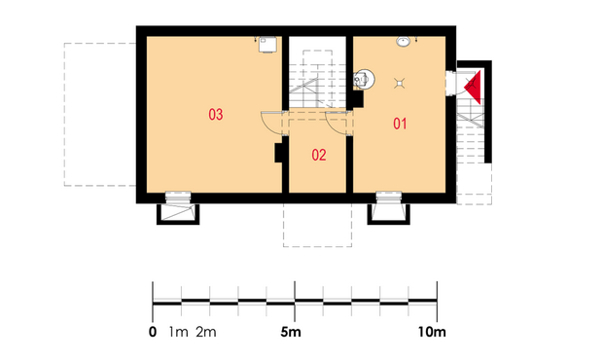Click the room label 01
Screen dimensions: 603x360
click(x=400, y=124)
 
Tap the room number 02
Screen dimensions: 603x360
click(x=319, y=155)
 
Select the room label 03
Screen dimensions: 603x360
click(x=215, y=114)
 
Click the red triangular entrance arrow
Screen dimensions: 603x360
click(x=474, y=87)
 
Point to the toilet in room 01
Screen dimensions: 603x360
click(x=364, y=79)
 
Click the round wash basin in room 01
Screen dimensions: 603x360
click(x=403, y=42)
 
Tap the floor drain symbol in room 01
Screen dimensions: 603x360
click(x=400, y=83)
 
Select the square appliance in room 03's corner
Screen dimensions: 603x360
click(x=267, y=44)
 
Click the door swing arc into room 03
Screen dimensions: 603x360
click(x=270, y=124)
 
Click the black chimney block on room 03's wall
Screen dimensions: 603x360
click(x=279, y=153)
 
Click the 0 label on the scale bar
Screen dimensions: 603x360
click(x=153, y=332)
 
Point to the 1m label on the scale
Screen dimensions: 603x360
click(x=178, y=332)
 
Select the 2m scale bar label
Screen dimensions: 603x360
click(x=206, y=332)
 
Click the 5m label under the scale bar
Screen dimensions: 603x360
click(x=291, y=332)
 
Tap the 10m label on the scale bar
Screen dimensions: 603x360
click(x=432, y=332)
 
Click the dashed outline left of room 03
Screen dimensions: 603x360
click(x=64, y=115)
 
